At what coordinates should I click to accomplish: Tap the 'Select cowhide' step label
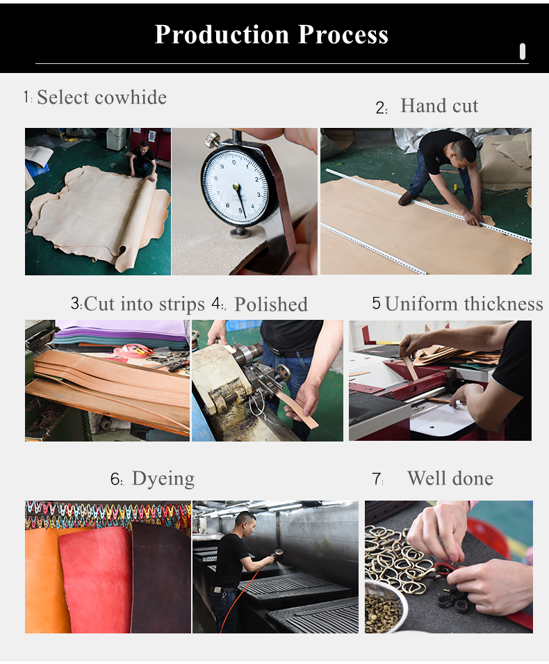101,97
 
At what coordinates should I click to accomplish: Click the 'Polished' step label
270,305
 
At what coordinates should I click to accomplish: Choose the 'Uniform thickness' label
464,304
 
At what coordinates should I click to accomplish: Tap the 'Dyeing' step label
163,478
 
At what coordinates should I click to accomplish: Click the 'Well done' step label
450,478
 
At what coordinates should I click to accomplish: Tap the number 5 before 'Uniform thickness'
376,303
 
